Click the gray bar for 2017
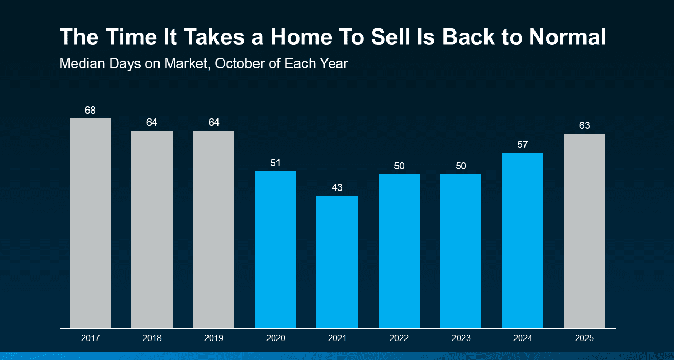point(90,223)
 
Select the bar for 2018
point(152,229)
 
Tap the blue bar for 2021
point(337,262)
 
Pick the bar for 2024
point(522,240)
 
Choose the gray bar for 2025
point(584,231)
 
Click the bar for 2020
point(275,249)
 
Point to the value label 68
point(90,110)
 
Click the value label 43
point(337,188)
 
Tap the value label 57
point(522,144)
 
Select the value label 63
point(584,125)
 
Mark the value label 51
point(275,163)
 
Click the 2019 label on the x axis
point(214,338)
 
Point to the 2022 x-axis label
point(399,338)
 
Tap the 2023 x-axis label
point(461,338)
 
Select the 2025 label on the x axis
point(584,338)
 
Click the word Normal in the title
point(568,37)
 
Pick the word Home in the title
point(302,37)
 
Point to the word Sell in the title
point(391,37)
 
